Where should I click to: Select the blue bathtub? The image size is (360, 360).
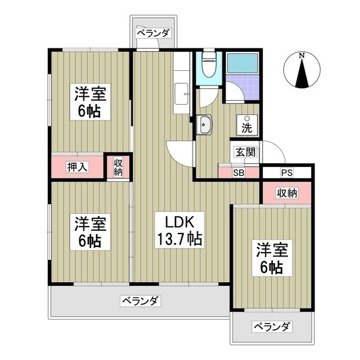click(x=242, y=64)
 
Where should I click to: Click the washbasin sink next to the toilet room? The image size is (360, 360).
click(x=204, y=125)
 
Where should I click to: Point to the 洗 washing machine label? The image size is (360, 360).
click(x=246, y=127)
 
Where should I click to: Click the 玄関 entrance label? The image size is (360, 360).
click(x=245, y=152)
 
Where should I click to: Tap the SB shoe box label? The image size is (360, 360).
click(x=238, y=172)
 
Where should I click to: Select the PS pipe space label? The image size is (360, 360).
click(x=286, y=172)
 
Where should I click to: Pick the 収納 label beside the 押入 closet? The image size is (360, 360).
click(x=118, y=167)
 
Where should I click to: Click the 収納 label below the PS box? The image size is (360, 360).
click(x=286, y=193)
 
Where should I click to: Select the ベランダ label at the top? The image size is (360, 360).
click(x=152, y=33)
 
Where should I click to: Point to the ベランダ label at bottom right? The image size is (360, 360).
click(x=272, y=326)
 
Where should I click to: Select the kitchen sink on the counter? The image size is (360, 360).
click(x=182, y=92)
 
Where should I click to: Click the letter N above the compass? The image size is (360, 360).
click(x=302, y=56)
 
